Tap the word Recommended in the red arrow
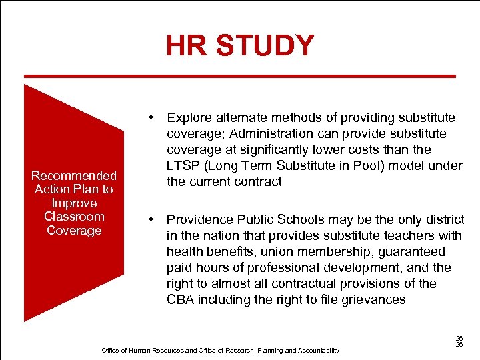(x=74, y=175)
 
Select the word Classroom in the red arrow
(x=74, y=216)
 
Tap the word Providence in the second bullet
(x=198, y=219)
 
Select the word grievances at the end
(x=371, y=299)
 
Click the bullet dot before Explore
(x=153, y=118)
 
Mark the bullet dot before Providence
(x=153, y=219)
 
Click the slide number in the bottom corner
(x=459, y=341)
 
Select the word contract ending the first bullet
(x=259, y=182)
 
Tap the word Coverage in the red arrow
(x=74, y=230)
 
